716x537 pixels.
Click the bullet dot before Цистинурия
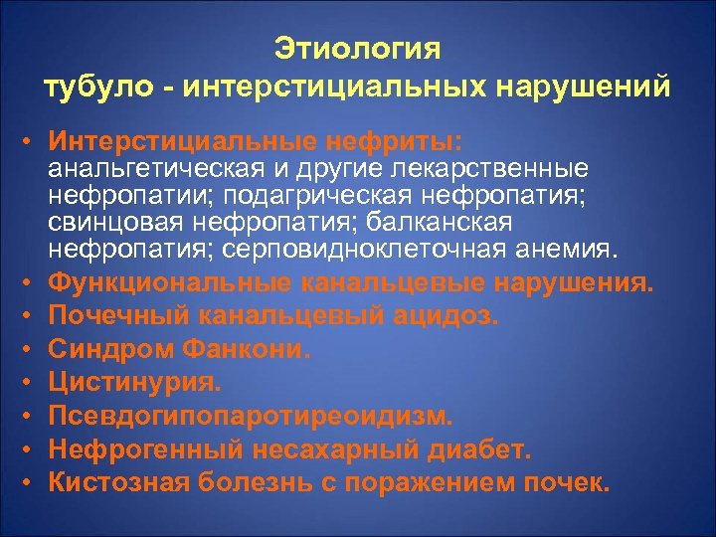[33, 383]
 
